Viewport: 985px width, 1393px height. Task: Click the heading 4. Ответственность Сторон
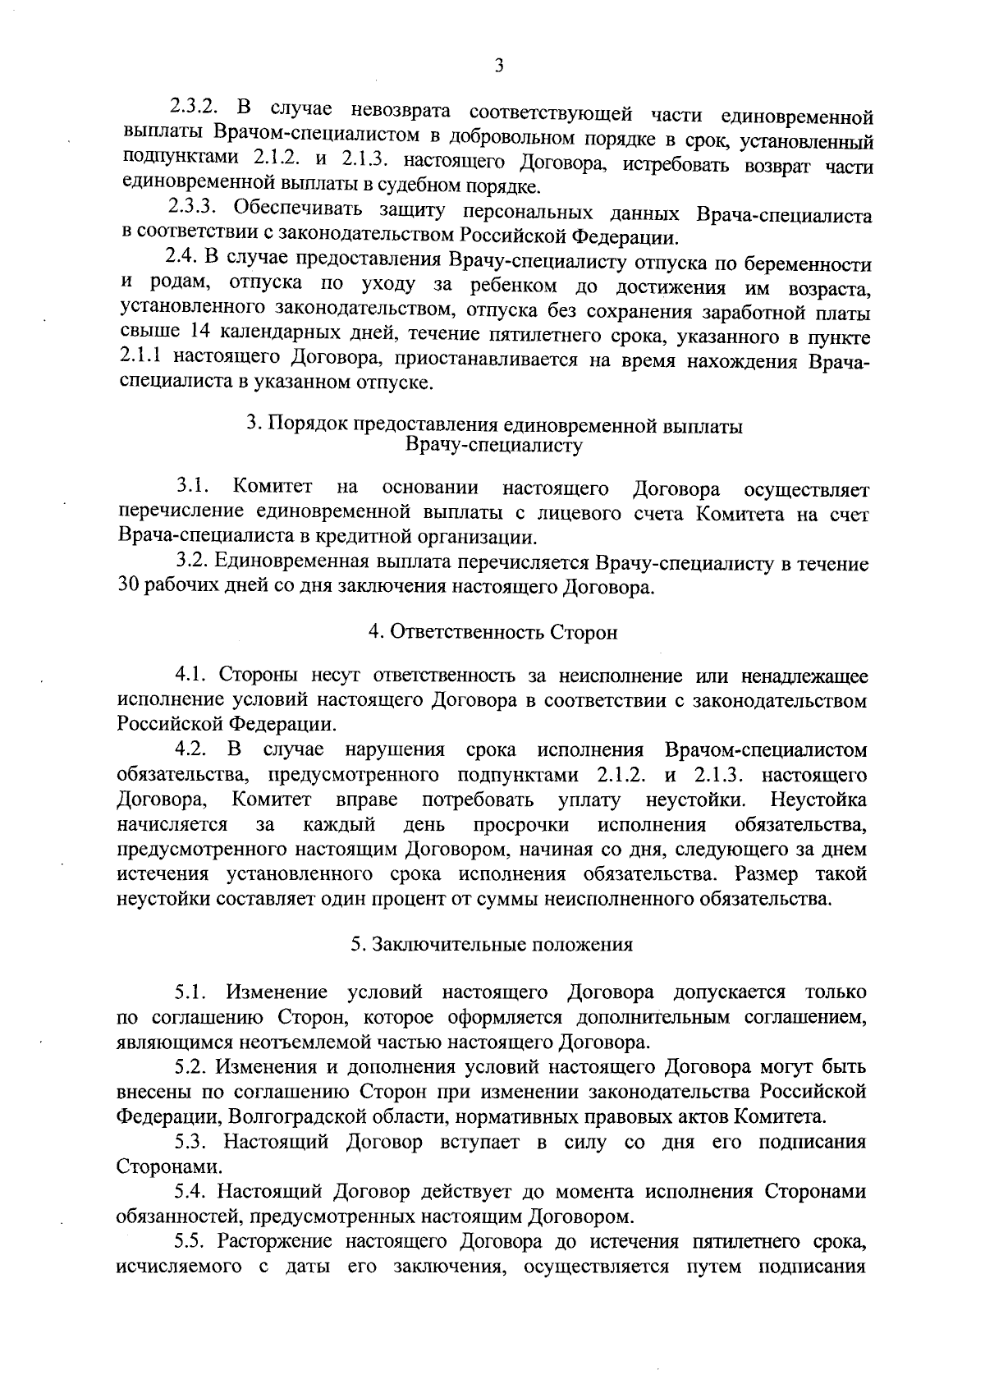(x=492, y=632)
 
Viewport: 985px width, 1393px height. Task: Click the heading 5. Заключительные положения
(x=492, y=944)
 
